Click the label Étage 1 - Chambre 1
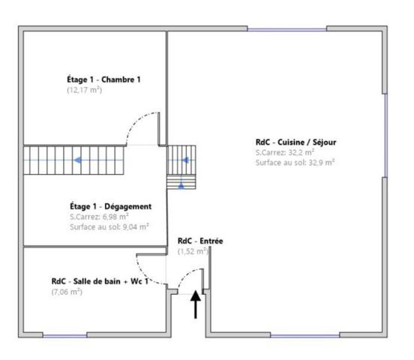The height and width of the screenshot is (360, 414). (x=103, y=79)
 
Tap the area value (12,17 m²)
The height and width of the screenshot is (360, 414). (x=84, y=90)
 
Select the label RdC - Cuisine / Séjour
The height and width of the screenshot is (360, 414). (x=295, y=141)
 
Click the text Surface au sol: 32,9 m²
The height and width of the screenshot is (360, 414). (x=294, y=162)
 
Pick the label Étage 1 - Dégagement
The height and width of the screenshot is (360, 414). (x=110, y=205)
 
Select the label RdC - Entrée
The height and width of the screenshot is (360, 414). (x=200, y=241)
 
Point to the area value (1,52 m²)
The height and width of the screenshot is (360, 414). (x=193, y=252)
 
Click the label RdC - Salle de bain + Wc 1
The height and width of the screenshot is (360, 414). (x=99, y=281)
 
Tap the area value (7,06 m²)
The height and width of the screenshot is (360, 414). (x=67, y=292)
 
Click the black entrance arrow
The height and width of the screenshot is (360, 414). (x=196, y=304)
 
